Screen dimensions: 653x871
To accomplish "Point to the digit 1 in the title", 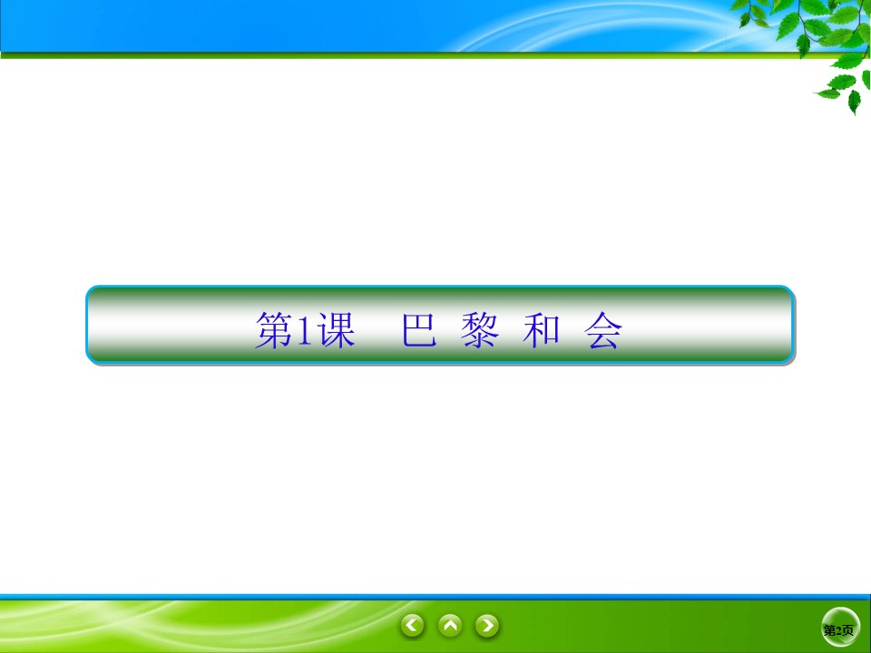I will [304, 333].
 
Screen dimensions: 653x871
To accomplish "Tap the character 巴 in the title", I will [419, 333].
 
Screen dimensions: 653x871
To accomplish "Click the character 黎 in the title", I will [481, 333].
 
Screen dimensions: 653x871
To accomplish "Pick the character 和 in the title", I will [542, 333].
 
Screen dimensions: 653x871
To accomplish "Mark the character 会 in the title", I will [603, 333].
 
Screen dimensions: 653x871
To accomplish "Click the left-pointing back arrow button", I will [413, 625].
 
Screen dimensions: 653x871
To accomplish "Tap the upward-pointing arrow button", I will [450, 625].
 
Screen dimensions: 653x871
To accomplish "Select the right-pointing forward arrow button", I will [487, 625].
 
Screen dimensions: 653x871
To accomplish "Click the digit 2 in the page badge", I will [840, 630].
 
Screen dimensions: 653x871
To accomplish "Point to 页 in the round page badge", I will [848, 630].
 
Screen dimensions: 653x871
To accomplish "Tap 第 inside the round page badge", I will [830, 630].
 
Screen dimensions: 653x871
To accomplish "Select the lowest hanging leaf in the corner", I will [853, 102].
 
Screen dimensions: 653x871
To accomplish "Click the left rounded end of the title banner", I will [94, 325].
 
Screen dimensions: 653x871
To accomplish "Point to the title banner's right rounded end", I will [786, 325].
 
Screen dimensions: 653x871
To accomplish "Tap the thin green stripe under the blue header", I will [363, 55].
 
